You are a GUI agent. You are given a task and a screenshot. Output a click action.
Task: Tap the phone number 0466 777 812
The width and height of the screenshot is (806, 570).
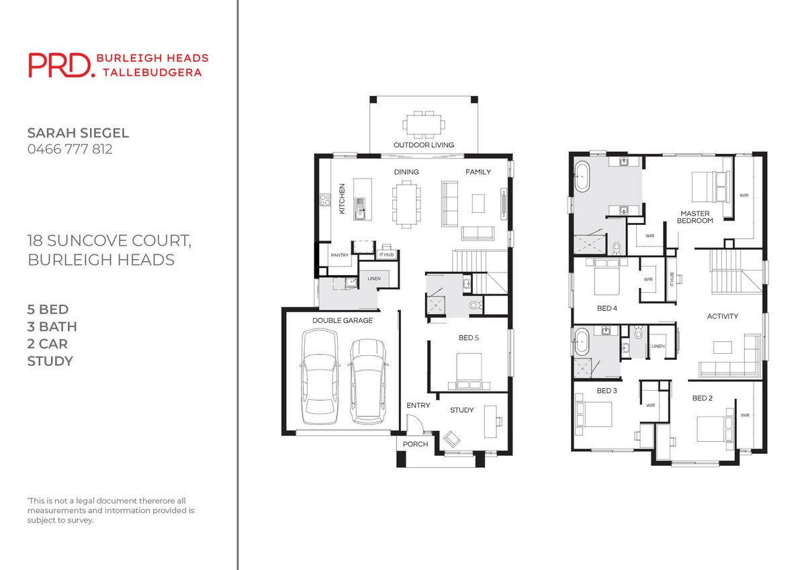pos(70,149)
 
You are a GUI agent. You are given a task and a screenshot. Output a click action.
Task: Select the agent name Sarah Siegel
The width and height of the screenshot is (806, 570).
pos(78,133)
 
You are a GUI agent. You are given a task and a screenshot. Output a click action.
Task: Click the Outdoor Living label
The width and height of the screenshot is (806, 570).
pos(424,145)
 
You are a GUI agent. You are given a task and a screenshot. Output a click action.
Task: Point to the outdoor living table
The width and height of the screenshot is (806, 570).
pos(424,124)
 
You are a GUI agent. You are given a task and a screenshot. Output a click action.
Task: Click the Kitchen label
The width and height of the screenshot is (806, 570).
pos(342,199)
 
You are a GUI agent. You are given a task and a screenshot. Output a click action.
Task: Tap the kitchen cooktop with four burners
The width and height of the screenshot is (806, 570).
pos(325,200)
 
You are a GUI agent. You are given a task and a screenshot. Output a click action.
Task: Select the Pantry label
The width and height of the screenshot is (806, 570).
pos(340,255)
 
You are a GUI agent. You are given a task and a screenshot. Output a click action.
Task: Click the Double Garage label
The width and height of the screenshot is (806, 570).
pos(342,320)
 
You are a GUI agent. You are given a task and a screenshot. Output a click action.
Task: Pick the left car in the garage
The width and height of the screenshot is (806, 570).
pos(320,377)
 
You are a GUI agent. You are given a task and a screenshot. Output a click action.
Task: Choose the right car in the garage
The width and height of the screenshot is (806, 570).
pos(368,381)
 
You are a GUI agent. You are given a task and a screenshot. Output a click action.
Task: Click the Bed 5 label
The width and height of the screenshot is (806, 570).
pos(469,338)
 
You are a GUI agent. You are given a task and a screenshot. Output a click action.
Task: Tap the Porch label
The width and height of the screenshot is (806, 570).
pos(415,444)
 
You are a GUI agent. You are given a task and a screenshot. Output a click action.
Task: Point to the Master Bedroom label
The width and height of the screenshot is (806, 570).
pos(695,218)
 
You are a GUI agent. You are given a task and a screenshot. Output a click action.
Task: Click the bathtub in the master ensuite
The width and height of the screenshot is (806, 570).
pos(582,176)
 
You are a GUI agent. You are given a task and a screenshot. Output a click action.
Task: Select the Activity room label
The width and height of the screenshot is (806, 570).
pos(723,316)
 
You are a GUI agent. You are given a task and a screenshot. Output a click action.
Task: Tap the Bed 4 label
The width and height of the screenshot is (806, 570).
pos(607,308)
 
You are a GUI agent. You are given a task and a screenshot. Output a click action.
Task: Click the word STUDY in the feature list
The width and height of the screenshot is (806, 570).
pos(50,361)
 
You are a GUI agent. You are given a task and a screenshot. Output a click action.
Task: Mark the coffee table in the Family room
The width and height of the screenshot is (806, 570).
pos(478,203)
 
